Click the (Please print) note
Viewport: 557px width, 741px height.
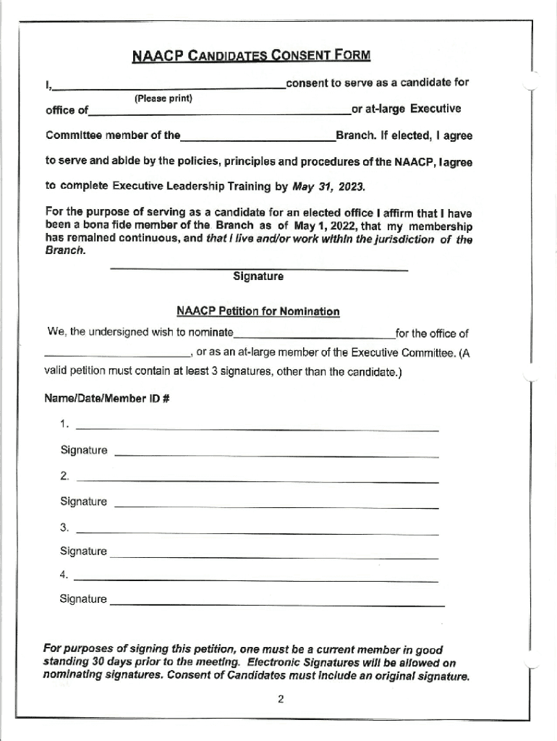tap(163, 98)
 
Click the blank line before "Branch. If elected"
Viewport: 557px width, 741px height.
tap(258, 140)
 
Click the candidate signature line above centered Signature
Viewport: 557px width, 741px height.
tap(258, 268)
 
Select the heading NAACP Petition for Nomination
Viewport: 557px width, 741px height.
tap(258, 311)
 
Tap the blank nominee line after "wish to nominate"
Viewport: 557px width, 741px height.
tap(314, 337)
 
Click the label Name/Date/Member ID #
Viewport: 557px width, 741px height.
tap(107, 399)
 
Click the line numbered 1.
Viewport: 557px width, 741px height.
tap(257, 430)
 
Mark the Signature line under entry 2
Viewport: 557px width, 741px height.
tap(276, 507)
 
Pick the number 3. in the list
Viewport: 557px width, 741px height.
tap(65, 526)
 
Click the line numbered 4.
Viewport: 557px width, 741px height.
tap(257, 580)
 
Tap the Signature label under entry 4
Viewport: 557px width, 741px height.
tap(83, 599)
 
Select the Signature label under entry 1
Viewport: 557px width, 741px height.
tap(84, 450)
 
